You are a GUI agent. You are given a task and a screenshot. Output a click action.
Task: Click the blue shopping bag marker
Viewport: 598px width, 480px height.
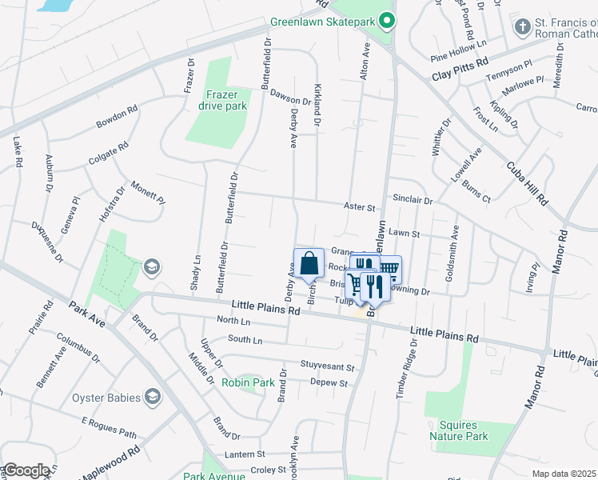tap(309, 263)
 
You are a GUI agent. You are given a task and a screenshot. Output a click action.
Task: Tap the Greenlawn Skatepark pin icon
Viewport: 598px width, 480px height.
tap(387, 21)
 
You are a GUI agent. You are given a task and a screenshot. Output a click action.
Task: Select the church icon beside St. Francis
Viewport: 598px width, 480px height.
tap(522, 28)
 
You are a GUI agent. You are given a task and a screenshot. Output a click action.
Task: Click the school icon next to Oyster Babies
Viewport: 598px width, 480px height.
tap(152, 398)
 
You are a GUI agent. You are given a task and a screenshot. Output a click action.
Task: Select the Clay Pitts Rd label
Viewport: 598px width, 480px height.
tap(460, 71)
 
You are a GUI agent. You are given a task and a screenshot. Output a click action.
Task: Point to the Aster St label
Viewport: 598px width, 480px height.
tap(359, 207)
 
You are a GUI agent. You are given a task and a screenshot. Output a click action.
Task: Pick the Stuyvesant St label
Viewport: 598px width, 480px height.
tap(327, 367)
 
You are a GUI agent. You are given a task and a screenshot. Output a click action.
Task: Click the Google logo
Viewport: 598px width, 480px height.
tap(26, 470)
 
